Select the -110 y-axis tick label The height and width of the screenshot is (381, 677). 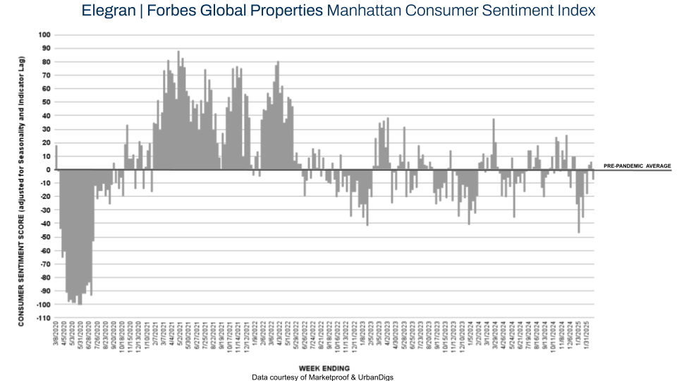(x=43, y=317)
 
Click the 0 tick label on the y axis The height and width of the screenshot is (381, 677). (x=48, y=169)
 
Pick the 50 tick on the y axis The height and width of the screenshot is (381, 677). (x=46, y=102)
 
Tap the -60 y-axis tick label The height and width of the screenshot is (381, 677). (x=44, y=250)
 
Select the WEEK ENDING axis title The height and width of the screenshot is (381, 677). (x=323, y=368)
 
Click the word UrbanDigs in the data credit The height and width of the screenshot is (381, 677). (x=374, y=377)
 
